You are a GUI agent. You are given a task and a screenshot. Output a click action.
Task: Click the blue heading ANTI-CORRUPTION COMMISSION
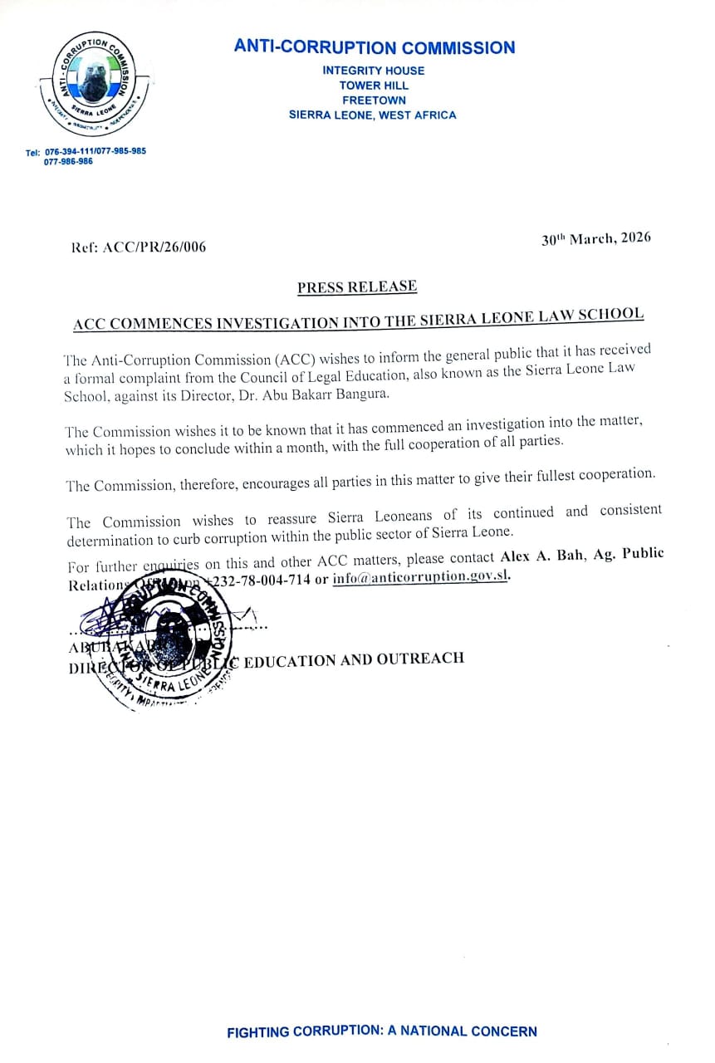pyautogui.click(x=375, y=47)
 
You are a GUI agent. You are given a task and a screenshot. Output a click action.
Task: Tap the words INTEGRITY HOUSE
pyautogui.click(x=374, y=71)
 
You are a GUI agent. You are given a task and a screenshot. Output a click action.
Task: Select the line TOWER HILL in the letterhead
pyautogui.click(x=374, y=86)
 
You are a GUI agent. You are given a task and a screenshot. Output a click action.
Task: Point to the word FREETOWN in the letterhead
pyautogui.click(x=374, y=100)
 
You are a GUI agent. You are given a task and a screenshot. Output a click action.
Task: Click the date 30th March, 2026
pyautogui.click(x=596, y=238)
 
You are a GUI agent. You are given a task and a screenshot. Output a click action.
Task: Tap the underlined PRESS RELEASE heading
pyautogui.click(x=357, y=287)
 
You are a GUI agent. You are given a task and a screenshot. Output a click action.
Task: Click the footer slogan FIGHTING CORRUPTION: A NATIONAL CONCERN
pyautogui.click(x=382, y=1031)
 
